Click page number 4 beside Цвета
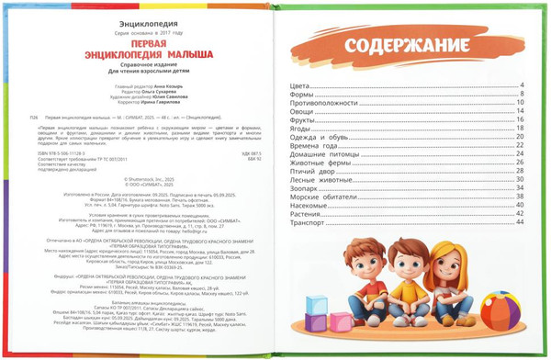tap(521, 84)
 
